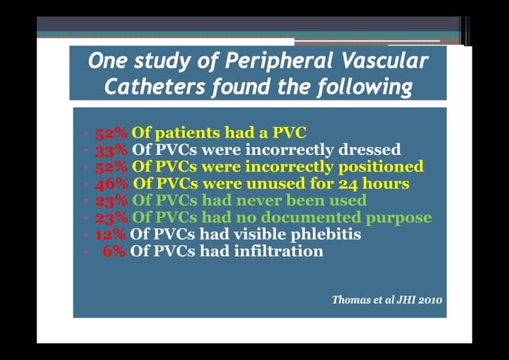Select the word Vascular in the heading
[x=384, y=61]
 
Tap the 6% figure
[x=115, y=251]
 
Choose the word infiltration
[x=279, y=251]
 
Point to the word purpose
[x=400, y=217]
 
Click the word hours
[x=384, y=183]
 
